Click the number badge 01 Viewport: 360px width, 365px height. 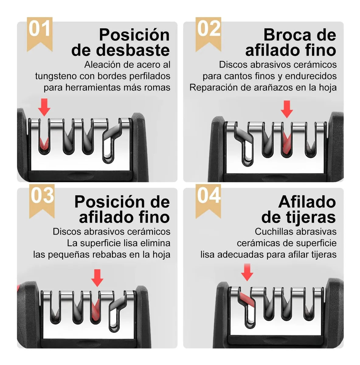click(x=40, y=34)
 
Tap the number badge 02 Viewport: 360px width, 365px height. click(x=208, y=34)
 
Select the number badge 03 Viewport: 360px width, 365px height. click(x=42, y=201)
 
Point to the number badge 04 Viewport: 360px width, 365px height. click(x=208, y=201)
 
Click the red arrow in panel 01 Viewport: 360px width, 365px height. click(x=44, y=107)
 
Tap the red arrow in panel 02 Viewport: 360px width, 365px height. click(x=287, y=109)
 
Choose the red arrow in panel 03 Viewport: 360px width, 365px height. click(x=97, y=278)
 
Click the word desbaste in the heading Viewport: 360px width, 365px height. click(x=133, y=50)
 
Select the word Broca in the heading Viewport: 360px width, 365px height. click(x=287, y=35)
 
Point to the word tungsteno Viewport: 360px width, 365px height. click(x=56, y=76)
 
